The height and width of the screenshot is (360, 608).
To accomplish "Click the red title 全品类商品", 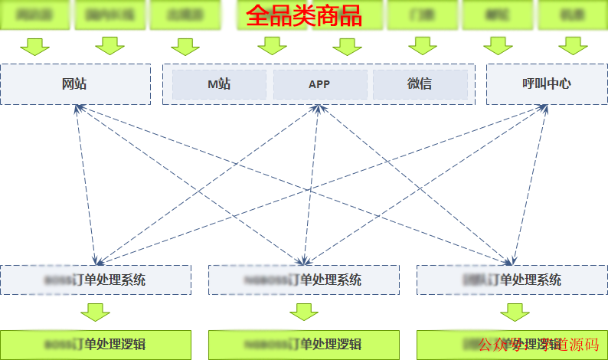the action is pyautogui.click(x=304, y=15).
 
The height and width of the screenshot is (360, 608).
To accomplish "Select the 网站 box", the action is pyautogui.click(x=75, y=83).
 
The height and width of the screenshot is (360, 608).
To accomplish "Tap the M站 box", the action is pyautogui.click(x=219, y=84).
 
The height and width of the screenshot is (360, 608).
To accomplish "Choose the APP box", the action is pyautogui.click(x=319, y=84).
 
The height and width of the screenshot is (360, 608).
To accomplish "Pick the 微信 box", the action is pyautogui.click(x=420, y=84).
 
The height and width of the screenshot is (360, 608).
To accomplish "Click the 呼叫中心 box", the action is pyautogui.click(x=546, y=83).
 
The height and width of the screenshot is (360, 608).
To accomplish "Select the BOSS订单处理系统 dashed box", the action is pyautogui.click(x=95, y=280).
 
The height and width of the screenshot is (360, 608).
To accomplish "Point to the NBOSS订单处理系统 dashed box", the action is pyautogui.click(x=303, y=280).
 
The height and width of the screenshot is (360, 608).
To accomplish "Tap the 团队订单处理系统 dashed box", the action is pyautogui.click(x=512, y=280).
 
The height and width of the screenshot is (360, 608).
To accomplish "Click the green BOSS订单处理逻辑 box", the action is pyautogui.click(x=95, y=344).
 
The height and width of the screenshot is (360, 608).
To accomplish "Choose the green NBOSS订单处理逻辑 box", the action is pyautogui.click(x=303, y=344).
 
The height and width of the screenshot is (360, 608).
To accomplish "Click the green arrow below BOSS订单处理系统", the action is pyautogui.click(x=96, y=312).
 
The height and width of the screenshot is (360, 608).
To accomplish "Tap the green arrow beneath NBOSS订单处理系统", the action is pyautogui.click(x=304, y=312).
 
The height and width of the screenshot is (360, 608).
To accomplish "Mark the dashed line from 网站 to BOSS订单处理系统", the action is pyautogui.click(x=86, y=184).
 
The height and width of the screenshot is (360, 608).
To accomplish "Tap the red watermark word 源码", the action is pyautogui.click(x=586, y=345).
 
